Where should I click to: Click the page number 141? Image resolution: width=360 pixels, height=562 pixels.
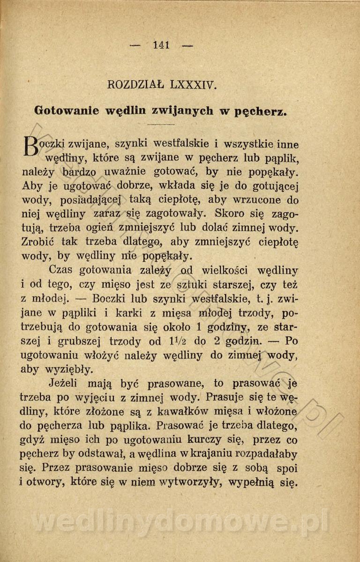click(x=161, y=45)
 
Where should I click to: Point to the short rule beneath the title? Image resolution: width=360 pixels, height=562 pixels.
click(x=160, y=125)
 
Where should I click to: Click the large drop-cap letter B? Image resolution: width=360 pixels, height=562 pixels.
click(x=30, y=146)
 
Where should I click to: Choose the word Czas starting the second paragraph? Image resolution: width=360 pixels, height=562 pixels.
click(x=62, y=271)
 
